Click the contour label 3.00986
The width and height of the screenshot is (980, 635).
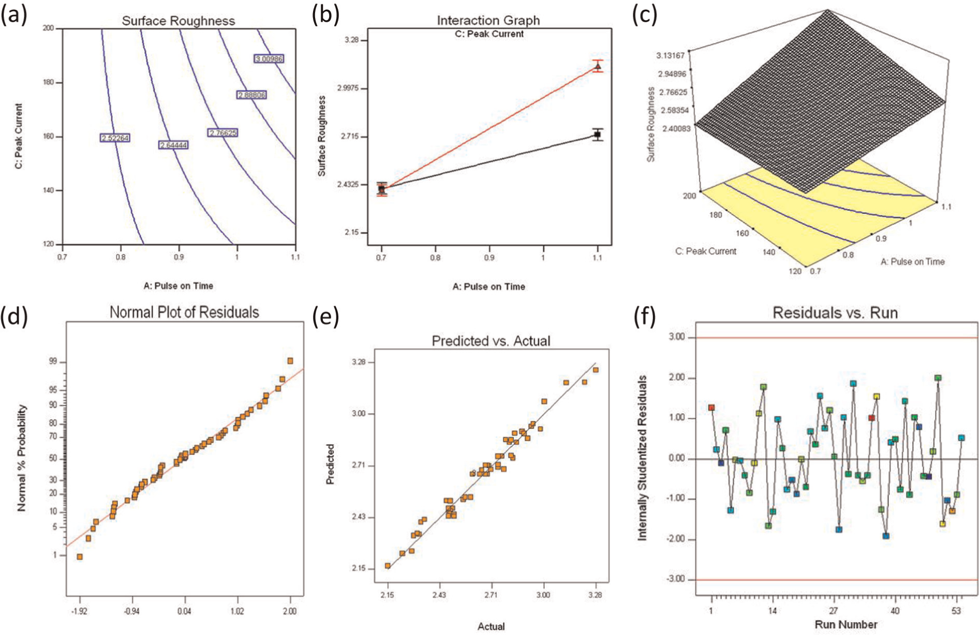click(x=269, y=59)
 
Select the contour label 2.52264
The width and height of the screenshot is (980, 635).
click(x=115, y=138)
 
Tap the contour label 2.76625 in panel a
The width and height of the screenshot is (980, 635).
click(x=223, y=133)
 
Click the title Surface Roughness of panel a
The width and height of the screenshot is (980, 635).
click(x=179, y=21)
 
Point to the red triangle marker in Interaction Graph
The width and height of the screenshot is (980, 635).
click(x=598, y=66)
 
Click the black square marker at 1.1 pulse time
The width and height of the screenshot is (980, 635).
click(x=598, y=134)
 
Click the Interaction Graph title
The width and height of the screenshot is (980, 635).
click(x=488, y=20)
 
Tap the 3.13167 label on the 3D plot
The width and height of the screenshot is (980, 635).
click(x=671, y=55)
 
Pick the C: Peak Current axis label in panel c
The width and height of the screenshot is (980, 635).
click(x=706, y=251)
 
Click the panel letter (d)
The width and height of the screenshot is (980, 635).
click(x=14, y=316)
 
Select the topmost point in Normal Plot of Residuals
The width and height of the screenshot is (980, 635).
click(x=290, y=361)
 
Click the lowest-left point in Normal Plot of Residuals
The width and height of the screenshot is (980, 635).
click(x=80, y=557)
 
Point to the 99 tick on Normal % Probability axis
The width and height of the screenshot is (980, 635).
click(x=53, y=362)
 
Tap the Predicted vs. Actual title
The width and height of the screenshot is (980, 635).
click(x=491, y=341)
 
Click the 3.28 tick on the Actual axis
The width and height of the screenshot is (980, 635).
click(x=595, y=595)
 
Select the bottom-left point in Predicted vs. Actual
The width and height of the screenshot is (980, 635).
click(x=388, y=566)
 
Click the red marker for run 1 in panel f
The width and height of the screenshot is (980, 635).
click(x=711, y=408)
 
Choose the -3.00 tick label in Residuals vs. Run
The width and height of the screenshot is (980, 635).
click(x=676, y=579)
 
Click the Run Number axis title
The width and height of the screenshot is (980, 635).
click(x=846, y=625)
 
